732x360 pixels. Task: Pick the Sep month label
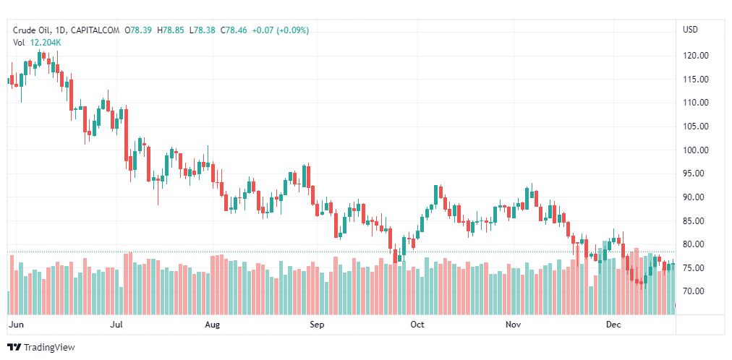pos(317,325)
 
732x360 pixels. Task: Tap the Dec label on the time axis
pos(613,325)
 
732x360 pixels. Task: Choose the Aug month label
pos(212,325)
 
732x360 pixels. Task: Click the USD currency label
pos(690,30)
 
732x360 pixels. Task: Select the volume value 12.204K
pos(46,43)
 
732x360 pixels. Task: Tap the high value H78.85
pos(171,30)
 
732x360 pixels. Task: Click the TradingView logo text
pos(48,348)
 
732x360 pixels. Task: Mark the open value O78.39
pos(139,30)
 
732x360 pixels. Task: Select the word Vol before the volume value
pos(20,43)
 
